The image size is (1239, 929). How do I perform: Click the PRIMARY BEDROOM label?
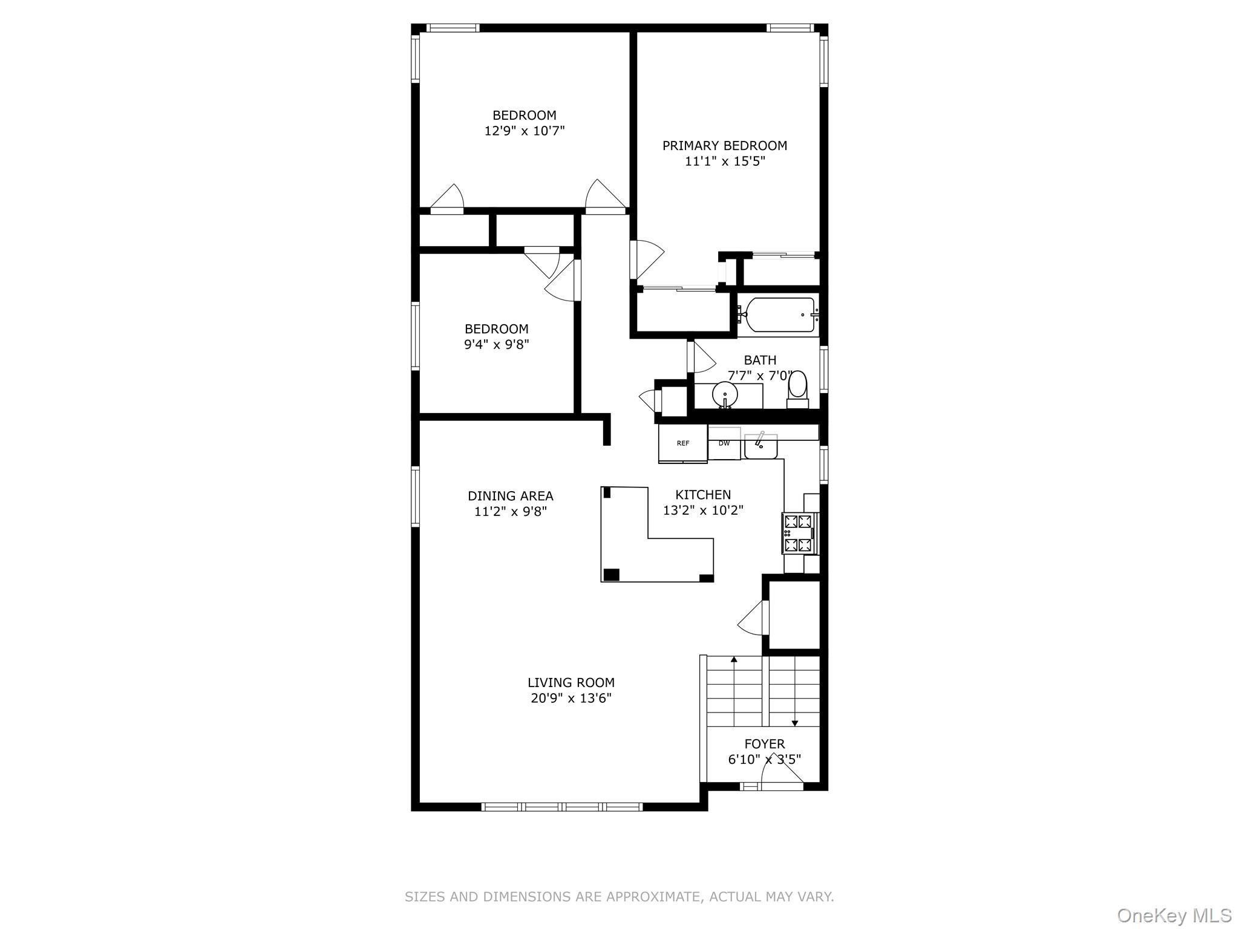click(x=724, y=146)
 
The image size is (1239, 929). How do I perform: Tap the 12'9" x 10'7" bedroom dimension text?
click(x=524, y=131)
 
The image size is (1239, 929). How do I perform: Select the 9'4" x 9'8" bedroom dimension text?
click(x=496, y=345)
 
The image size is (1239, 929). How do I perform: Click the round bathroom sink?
click(x=725, y=396)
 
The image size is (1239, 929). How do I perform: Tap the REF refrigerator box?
click(x=682, y=444)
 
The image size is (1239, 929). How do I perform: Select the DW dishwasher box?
click(x=724, y=444)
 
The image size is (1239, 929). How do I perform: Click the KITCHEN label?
click(x=703, y=495)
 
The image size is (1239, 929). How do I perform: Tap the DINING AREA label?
click(x=510, y=496)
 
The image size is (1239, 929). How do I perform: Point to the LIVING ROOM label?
click(x=570, y=683)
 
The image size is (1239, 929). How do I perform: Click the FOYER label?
click(x=764, y=744)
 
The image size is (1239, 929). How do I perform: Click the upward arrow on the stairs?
click(x=734, y=660)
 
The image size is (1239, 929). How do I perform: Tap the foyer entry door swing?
click(x=780, y=774)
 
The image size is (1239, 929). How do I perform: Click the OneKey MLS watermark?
click(x=1174, y=916)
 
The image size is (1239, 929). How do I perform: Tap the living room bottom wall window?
click(x=562, y=806)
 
